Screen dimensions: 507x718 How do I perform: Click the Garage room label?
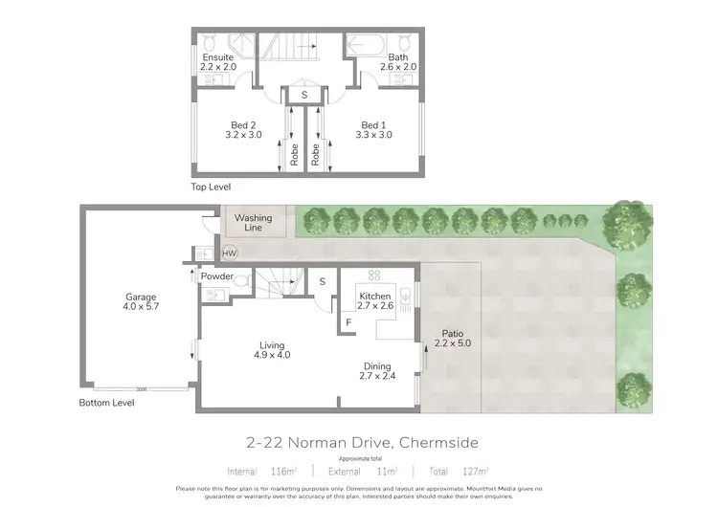tap(140, 302)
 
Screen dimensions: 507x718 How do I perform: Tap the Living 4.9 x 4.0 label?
tap(272, 349)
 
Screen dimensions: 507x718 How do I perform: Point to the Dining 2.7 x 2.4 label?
tap(376, 371)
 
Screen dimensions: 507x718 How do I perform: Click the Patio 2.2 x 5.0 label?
tap(452, 337)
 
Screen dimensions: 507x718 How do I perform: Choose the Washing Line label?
tap(254, 223)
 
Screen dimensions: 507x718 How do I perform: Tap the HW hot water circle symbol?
tap(230, 253)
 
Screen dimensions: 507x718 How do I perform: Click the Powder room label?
tap(217, 276)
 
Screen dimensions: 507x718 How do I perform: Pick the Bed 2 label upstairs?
tap(243, 130)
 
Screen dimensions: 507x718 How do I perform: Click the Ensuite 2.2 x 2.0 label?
tap(217, 63)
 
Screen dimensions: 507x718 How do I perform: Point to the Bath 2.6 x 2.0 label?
tap(398, 63)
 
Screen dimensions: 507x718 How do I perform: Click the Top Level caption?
tap(211, 187)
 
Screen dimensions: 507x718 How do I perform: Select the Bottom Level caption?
tap(106, 403)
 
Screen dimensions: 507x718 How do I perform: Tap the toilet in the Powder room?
tap(243, 280)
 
